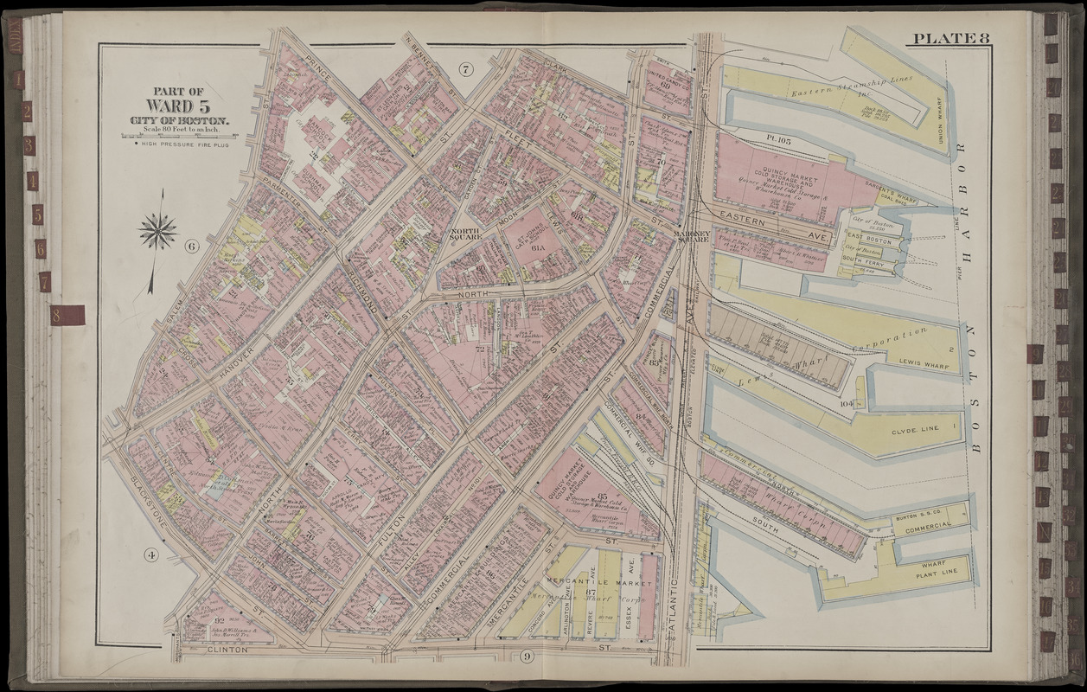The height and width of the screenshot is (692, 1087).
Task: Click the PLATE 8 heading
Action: (x=948, y=38)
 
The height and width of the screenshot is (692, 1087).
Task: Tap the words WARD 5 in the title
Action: (x=178, y=106)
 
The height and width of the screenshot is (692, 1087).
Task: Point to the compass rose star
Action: (x=157, y=232)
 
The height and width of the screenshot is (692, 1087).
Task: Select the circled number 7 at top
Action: (x=465, y=69)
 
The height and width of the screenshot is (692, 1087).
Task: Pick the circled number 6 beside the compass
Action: (x=191, y=247)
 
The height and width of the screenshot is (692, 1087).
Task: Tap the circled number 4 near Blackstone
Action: (x=151, y=554)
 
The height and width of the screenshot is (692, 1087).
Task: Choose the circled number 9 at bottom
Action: (x=527, y=656)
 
